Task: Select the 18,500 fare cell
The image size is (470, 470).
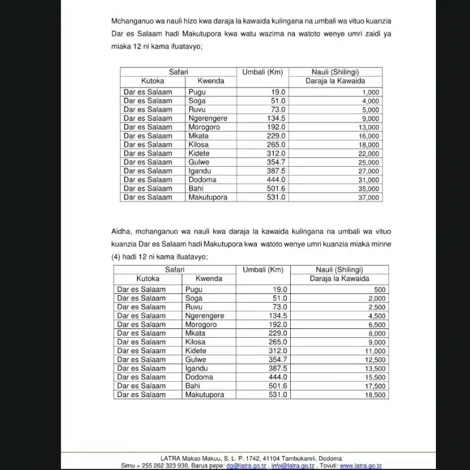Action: tap(376, 395)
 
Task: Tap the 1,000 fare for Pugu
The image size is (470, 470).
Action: tap(371, 92)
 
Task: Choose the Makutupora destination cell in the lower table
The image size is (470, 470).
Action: tap(204, 395)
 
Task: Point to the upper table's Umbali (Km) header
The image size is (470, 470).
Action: tap(263, 72)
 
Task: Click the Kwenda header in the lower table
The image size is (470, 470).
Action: tap(209, 278)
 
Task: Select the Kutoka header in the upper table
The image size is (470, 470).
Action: tap(153, 81)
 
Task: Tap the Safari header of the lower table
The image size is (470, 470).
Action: tap(175, 269)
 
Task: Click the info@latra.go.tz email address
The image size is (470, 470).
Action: tap(293, 465)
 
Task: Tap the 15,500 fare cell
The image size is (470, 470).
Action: tap(376, 378)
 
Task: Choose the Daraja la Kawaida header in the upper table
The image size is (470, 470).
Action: tap(335, 81)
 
